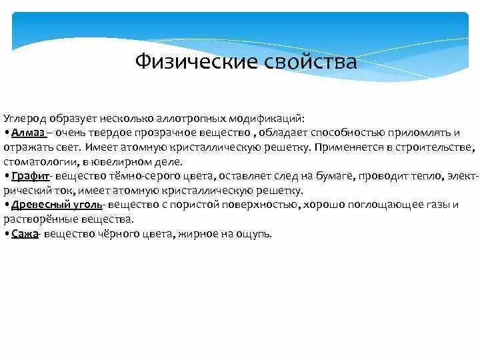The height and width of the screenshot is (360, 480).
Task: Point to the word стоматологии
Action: click(x=40, y=161)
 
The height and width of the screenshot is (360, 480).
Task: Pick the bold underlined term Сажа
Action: click(x=23, y=235)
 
